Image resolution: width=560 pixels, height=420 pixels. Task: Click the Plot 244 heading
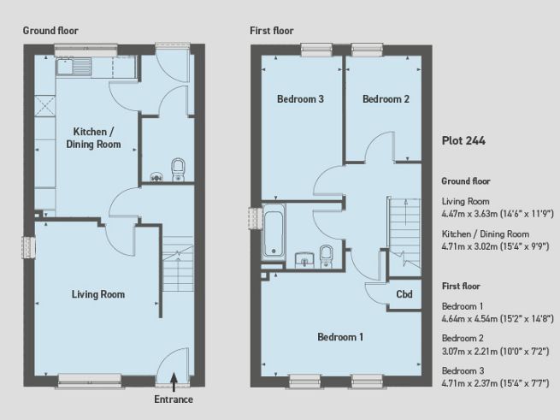(463, 142)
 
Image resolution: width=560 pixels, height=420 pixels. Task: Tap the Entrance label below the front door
(174, 399)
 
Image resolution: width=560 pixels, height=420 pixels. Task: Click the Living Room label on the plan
(98, 295)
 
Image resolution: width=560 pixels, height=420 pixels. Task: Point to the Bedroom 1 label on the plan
(340, 337)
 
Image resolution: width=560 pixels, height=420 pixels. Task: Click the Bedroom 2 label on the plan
(386, 99)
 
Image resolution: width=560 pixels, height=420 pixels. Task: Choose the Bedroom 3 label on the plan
(300, 99)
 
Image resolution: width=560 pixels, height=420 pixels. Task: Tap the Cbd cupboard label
(404, 295)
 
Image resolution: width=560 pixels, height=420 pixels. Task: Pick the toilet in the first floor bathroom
(326, 254)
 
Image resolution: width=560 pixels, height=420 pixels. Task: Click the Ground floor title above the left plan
(50, 30)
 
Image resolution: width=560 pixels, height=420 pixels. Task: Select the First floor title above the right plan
(272, 30)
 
